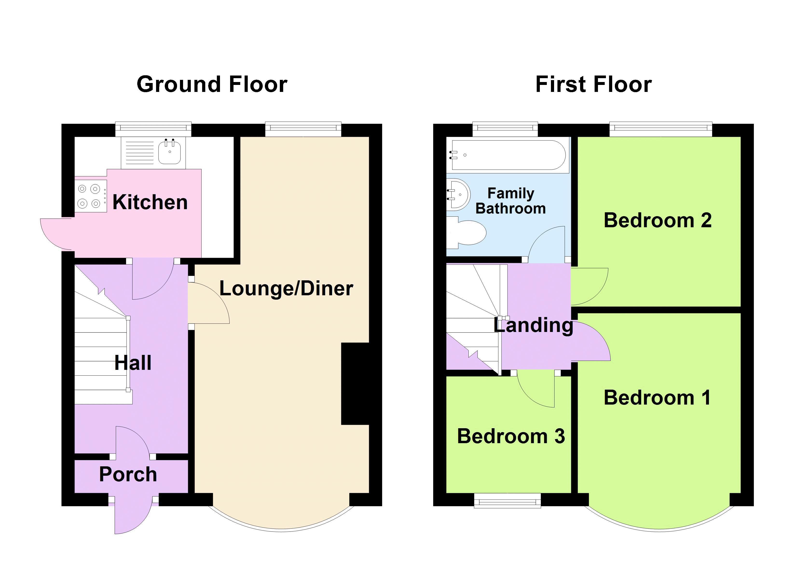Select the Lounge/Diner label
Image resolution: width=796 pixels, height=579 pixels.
[286, 289]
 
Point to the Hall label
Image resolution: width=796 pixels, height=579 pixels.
[133, 362]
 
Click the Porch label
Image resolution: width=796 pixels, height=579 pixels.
[128, 474]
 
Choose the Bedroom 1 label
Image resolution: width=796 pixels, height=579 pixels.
[657, 398]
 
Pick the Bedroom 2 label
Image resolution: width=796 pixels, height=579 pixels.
[657, 220]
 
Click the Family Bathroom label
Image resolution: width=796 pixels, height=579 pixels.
[511, 201]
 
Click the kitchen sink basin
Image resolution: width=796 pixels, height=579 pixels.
[170, 152]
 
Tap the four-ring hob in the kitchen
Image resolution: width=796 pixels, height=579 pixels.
[90, 196]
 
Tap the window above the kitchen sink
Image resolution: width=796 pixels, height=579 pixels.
[154, 129]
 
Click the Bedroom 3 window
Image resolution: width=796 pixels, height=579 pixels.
[507, 500]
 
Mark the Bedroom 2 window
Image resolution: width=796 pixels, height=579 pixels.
[661, 129]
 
